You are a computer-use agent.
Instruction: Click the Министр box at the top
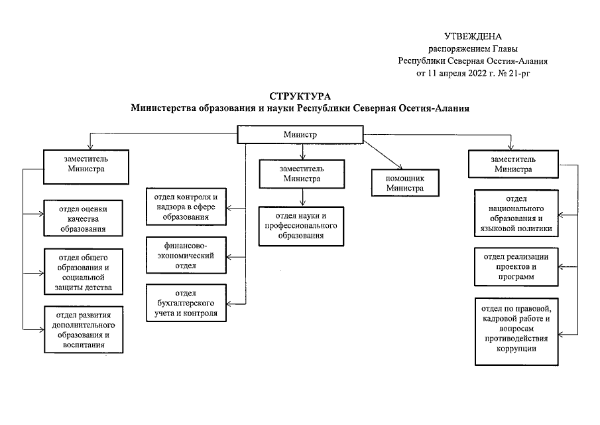point(300,135)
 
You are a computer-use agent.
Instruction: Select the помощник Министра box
point(405,183)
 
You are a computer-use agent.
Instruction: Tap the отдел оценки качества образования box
point(83,218)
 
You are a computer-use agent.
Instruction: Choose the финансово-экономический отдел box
point(186,256)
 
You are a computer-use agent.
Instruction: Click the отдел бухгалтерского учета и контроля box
point(186,303)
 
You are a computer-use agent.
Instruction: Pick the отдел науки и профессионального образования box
point(301,226)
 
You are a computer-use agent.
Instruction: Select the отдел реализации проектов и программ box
point(516,267)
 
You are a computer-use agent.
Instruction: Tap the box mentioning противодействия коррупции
point(516,331)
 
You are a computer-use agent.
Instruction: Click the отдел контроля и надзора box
point(186,207)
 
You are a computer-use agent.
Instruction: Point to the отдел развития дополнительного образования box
point(84,329)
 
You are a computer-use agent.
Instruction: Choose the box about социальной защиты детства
point(84,272)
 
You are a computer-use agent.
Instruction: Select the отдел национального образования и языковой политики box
point(516,213)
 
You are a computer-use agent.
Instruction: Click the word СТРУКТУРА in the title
point(300,96)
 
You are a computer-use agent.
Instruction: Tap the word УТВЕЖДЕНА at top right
point(473,37)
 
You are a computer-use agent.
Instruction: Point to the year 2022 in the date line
point(475,73)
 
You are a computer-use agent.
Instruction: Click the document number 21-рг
point(519,73)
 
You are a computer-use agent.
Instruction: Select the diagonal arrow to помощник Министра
point(383,155)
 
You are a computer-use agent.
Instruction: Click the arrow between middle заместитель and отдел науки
point(303,197)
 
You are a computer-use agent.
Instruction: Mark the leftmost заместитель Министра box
point(86,167)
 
